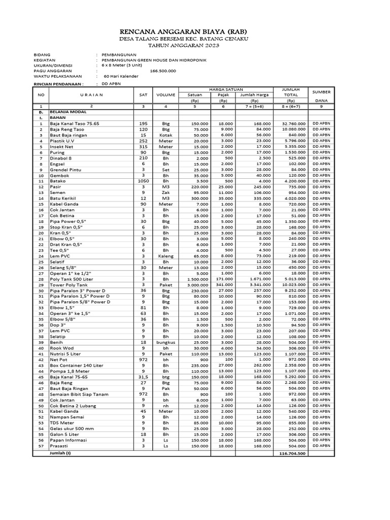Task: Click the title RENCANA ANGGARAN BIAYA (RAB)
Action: pyautogui.click(x=196, y=31)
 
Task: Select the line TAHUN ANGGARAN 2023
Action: pyautogui.click(x=196, y=46)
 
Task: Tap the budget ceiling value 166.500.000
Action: pyautogui.click(x=163, y=71)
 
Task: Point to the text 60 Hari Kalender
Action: pyautogui.click(x=122, y=76)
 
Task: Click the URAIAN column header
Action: pyautogui.click(x=91, y=94)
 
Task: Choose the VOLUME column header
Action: pyautogui.click(x=165, y=94)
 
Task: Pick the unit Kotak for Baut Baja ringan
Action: pyautogui.click(x=165, y=135)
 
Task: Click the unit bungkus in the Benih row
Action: pyautogui.click(x=165, y=343)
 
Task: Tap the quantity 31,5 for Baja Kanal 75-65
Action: pyautogui.click(x=143, y=377)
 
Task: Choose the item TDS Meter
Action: pyautogui.click(x=61, y=422)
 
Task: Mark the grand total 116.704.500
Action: pyautogui.click(x=291, y=453)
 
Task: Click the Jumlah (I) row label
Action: pyautogui.click(x=60, y=452)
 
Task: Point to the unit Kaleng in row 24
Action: pyautogui.click(x=165, y=256)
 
